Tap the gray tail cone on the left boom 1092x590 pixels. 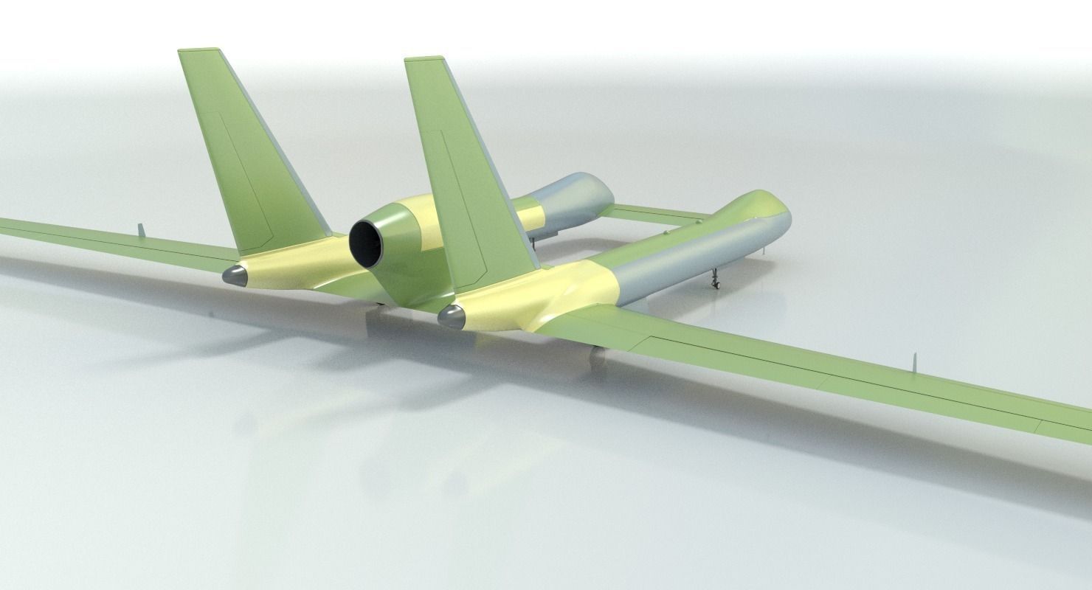coord(235,276)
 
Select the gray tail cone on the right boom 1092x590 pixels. coord(451,317)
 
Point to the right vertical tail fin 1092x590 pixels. coord(465,170)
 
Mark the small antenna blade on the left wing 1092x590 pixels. coord(139,229)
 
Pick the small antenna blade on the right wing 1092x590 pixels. coord(913,362)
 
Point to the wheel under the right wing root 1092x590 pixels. coord(596,357)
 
